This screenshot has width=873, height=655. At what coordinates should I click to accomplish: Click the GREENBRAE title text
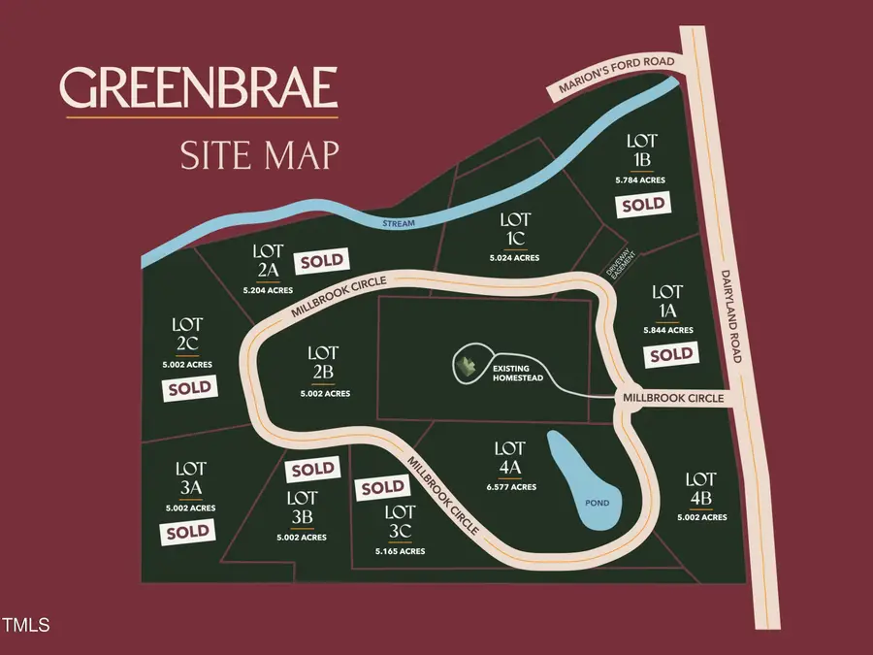coord(201,89)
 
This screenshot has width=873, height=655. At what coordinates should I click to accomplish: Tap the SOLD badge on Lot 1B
coord(644,205)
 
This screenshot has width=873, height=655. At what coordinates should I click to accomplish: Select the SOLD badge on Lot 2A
coord(323,260)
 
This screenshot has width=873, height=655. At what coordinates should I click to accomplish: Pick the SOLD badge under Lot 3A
coord(187,532)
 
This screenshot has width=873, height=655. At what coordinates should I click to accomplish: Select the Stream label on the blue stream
coord(398,224)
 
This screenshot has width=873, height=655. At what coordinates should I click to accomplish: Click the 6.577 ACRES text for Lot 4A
coord(510,487)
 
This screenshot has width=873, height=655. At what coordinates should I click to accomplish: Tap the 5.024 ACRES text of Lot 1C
coord(514,258)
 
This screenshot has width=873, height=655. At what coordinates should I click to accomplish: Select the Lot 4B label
coord(700,488)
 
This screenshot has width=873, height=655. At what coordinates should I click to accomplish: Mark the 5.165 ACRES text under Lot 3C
coord(400,551)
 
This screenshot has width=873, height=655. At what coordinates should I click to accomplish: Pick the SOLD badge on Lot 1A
coord(671,355)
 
